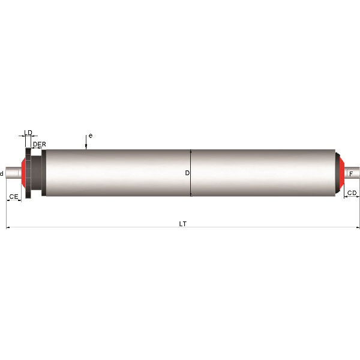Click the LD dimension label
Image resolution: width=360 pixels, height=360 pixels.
(28, 133)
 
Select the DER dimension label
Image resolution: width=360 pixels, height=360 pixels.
(40, 144)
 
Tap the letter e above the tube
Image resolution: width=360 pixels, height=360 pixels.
(91, 136)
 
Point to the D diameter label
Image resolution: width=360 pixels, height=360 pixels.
(187, 173)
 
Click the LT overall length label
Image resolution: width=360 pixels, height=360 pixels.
(183, 224)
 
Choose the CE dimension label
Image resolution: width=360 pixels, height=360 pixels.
(14, 197)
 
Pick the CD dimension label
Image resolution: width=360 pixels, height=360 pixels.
(352, 193)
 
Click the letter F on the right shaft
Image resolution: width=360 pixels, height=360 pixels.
(351, 174)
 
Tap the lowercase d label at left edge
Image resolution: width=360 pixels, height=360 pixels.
(2, 173)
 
